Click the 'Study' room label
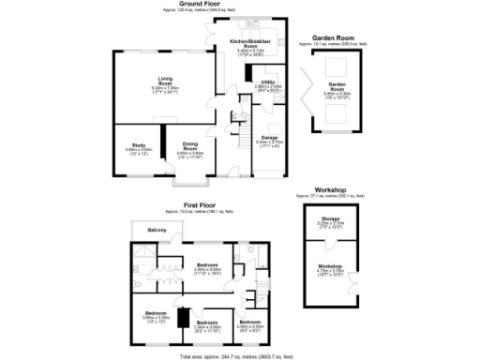tap(138, 146)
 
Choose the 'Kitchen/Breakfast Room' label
tap(250, 45)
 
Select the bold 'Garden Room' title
tap(332, 38)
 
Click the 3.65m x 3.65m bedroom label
tap(156, 315)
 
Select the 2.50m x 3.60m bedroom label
tap(207, 324)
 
